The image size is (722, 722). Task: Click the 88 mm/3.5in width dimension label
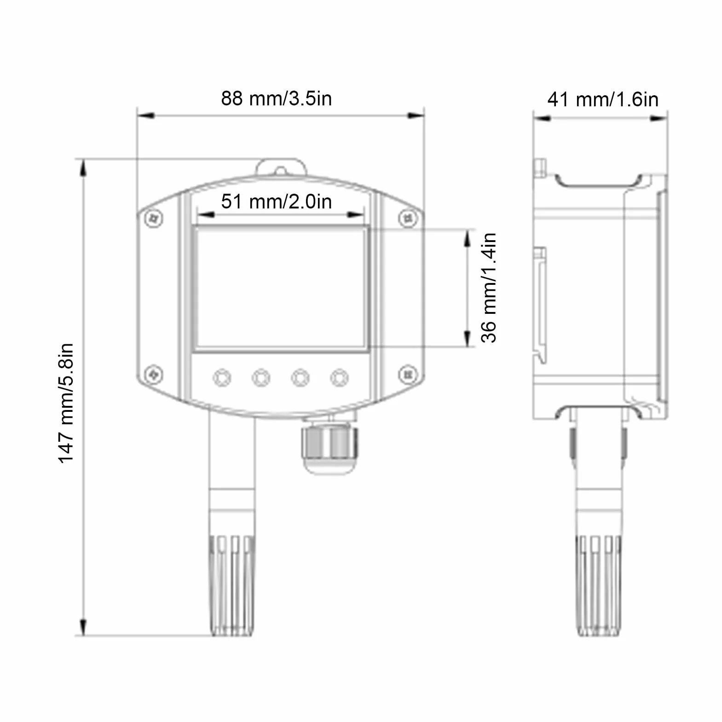pyautogui.click(x=276, y=98)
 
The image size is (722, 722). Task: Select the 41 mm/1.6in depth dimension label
pyautogui.click(x=603, y=99)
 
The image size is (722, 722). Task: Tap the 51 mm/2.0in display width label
pyautogui.click(x=276, y=202)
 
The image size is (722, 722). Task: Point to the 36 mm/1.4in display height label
pyautogui.click(x=489, y=288)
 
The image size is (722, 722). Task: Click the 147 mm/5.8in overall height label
pyautogui.click(x=66, y=403)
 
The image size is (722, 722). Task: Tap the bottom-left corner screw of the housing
pyautogui.click(x=154, y=375)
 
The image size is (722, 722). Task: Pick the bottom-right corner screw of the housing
pyautogui.click(x=408, y=375)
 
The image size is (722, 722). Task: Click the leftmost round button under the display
pyautogui.click(x=222, y=378)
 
